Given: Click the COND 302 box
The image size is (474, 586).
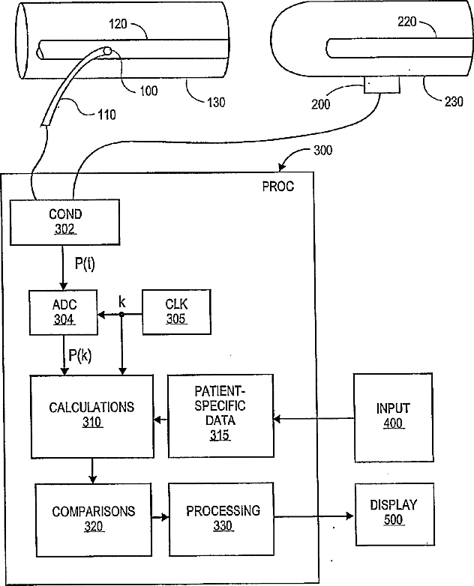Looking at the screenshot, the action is [x=64, y=223].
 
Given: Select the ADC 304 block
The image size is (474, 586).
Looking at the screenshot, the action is [x=64, y=312].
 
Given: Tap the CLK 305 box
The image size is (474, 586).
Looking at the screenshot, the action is [x=176, y=312].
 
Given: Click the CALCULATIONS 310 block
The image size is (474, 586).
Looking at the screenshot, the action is [x=92, y=417].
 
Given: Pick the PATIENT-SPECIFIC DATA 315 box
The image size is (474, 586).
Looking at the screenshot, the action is [x=220, y=416].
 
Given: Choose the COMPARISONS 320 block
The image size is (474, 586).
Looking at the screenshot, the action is [x=94, y=520].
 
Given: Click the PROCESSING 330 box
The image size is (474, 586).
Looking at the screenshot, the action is [x=221, y=519].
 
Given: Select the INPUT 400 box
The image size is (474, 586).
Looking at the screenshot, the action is [x=394, y=418].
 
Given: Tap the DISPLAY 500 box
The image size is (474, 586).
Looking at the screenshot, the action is [x=394, y=514].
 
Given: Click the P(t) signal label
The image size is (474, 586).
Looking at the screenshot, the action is [x=85, y=264].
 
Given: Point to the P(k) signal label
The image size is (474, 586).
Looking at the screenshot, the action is [x=80, y=355].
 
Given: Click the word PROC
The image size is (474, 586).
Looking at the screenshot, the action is [x=278, y=187].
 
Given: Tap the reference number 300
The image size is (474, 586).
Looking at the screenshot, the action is [x=322, y=150].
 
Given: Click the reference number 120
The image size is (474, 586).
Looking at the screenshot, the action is [x=118, y=24].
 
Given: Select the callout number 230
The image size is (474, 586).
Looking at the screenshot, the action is [x=454, y=101].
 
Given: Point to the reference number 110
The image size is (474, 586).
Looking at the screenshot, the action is [x=107, y=115].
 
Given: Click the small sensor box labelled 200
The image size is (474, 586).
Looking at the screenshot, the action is [x=382, y=85].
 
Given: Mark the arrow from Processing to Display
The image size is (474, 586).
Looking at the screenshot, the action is [x=314, y=516].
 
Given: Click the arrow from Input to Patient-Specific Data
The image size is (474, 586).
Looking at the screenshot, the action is [x=314, y=419].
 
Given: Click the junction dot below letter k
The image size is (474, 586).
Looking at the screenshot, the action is [x=121, y=315].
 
